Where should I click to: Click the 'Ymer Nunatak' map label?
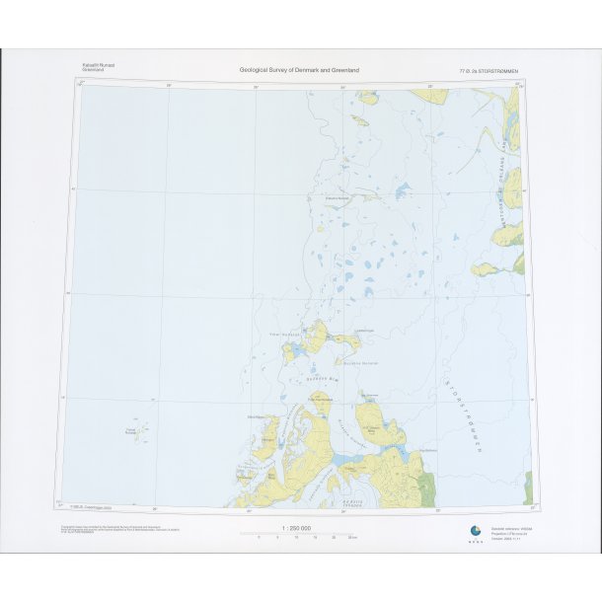point(284,334)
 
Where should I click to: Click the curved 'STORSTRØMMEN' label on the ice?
point(464,419)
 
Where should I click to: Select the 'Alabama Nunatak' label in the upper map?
point(339,198)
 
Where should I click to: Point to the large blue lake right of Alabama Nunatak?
point(403,189)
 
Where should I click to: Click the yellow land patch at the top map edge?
point(367,97)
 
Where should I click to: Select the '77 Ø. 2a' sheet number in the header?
point(469,71)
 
